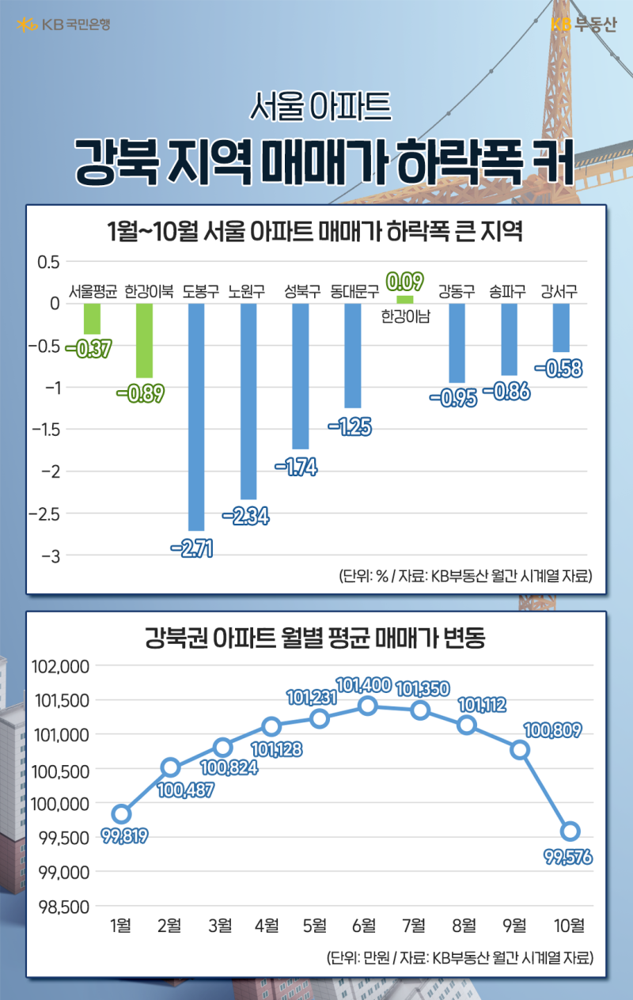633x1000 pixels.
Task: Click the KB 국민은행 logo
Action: pyautogui.click(x=63, y=25)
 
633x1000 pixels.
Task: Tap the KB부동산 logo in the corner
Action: pyautogui.click(x=582, y=25)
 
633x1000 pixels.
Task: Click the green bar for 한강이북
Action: pyautogui.click(x=144, y=340)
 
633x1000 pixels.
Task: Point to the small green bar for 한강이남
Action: pyautogui.click(x=404, y=300)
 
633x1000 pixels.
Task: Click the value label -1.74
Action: pyautogui.click(x=296, y=468)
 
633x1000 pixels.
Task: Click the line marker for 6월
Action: pyautogui.click(x=367, y=706)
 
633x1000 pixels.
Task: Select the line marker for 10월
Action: pyautogui.click(x=570, y=831)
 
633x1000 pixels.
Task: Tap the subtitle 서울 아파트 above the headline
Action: pyautogui.click(x=320, y=107)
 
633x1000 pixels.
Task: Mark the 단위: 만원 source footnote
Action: pyautogui.click(x=459, y=958)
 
